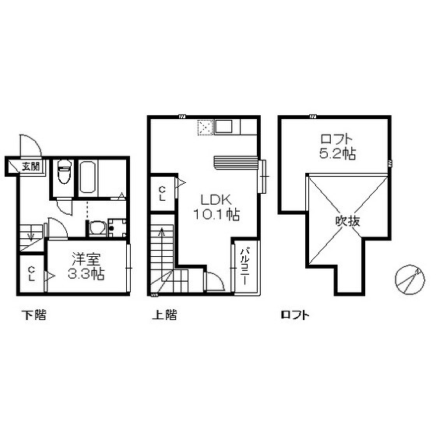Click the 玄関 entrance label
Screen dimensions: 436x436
[x=31, y=167]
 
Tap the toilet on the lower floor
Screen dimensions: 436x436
[x=64, y=172]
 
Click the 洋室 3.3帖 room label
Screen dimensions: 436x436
[x=86, y=266]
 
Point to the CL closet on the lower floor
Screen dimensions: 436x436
[x=32, y=273]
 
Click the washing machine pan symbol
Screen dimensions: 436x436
[x=118, y=227]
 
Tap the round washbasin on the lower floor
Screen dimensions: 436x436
[x=97, y=228]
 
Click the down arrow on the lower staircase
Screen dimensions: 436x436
[x=31, y=235]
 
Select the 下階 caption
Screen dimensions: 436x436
[x=34, y=315]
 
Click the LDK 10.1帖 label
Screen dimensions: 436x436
[x=216, y=207]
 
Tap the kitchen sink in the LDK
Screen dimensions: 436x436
[x=223, y=127]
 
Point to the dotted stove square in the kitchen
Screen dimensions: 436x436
[x=206, y=128]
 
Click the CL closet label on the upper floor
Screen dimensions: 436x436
[x=163, y=194]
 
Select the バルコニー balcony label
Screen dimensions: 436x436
[x=244, y=265]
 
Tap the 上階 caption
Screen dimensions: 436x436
[x=164, y=315]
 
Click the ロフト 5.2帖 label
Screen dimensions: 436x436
[x=338, y=146]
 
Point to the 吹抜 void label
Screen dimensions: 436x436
[x=347, y=221]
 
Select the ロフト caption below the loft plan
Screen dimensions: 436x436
[x=295, y=315]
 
